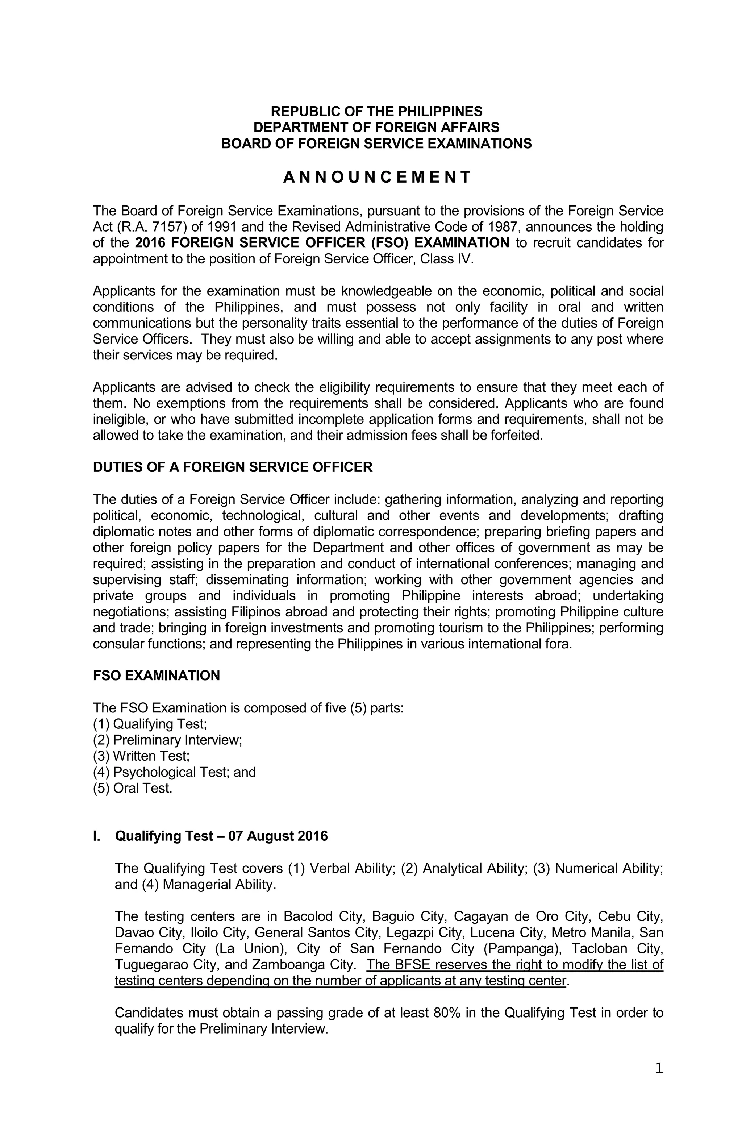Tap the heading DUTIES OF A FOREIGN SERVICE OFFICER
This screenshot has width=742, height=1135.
click(232, 467)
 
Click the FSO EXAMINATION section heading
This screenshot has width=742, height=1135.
click(157, 676)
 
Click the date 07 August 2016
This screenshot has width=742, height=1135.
click(278, 836)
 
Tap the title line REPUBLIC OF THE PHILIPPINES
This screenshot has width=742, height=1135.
click(376, 112)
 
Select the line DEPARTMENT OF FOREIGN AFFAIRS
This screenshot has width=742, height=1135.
click(376, 127)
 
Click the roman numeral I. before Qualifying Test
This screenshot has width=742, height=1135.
click(97, 836)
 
